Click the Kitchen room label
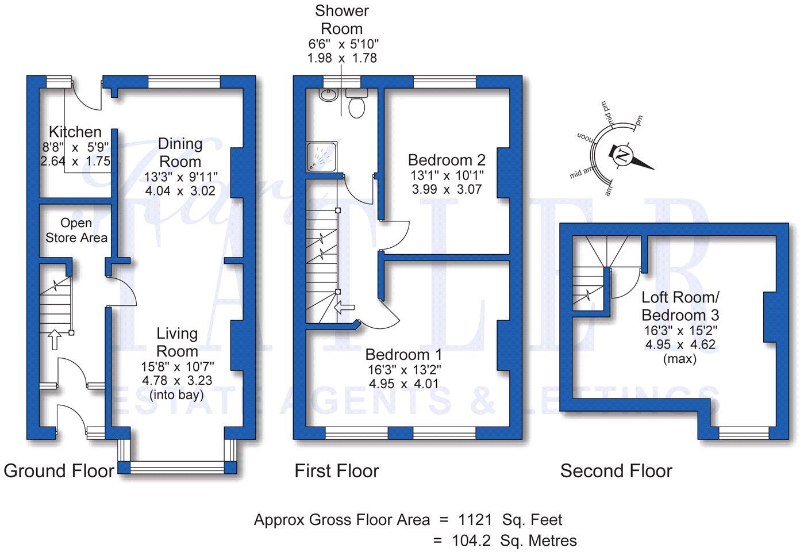point(75,132)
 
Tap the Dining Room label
point(180,152)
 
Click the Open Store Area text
point(76,230)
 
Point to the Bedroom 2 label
point(447,159)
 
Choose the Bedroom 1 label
point(404,354)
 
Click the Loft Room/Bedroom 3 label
point(680,306)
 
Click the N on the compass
point(622,155)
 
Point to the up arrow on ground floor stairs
point(55,339)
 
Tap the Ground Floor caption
point(59,471)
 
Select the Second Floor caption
point(616,471)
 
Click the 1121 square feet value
point(475,520)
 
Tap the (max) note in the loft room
point(679,359)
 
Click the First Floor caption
point(337,471)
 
